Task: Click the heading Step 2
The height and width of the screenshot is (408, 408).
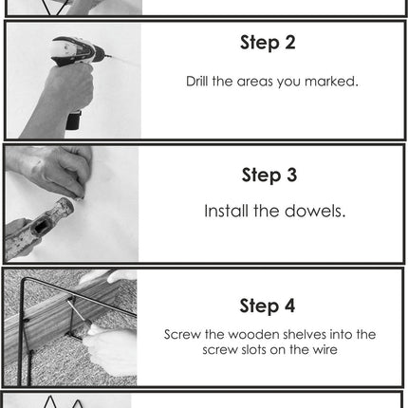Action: point(268,43)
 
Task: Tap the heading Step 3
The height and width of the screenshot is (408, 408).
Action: point(269,175)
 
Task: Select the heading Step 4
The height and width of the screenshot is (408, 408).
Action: point(268,306)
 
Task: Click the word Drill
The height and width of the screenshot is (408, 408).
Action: point(197,82)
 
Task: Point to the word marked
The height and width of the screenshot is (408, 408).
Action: point(331,82)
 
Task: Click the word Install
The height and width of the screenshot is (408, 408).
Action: point(226,211)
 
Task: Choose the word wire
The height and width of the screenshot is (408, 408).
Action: point(325,350)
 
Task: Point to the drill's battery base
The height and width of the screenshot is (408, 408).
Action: point(73,121)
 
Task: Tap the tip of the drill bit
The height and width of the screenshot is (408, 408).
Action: point(111,57)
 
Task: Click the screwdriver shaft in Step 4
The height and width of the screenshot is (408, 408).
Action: point(76,310)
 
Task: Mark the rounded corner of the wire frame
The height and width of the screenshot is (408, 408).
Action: point(25,281)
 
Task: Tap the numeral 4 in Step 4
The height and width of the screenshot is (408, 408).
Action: point(289,306)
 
